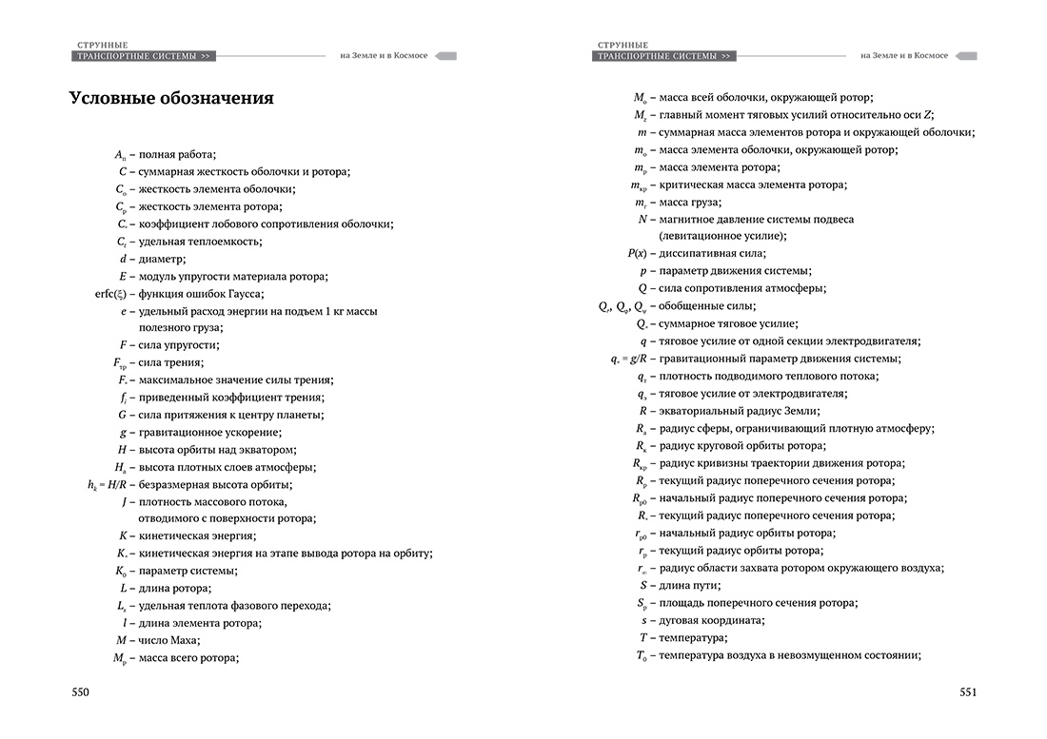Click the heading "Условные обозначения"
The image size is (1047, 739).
(x=171, y=98)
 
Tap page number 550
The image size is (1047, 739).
(x=81, y=692)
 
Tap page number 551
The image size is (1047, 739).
(x=967, y=692)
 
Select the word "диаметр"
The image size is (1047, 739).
(x=161, y=259)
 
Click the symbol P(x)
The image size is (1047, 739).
(x=637, y=253)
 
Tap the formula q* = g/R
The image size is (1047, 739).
(x=629, y=359)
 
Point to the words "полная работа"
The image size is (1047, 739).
(x=176, y=154)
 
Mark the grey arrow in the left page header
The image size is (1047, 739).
(x=445, y=56)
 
